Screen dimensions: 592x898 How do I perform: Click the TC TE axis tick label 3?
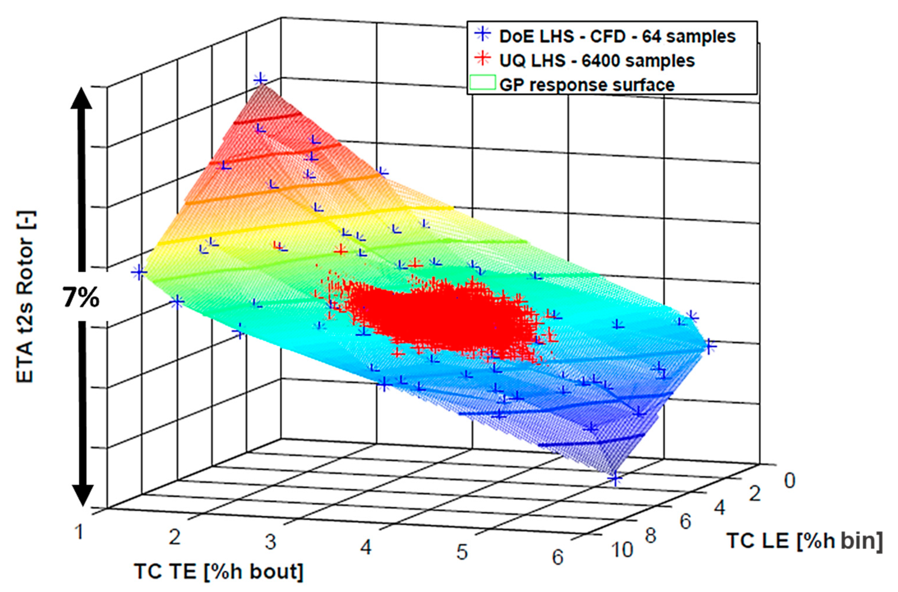point(271,542)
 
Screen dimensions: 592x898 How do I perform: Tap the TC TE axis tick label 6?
point(558,557)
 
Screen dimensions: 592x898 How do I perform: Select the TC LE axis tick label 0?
point(789,481)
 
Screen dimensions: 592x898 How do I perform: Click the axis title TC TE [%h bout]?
point(219,571)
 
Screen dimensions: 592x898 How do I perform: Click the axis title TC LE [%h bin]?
point(804,540)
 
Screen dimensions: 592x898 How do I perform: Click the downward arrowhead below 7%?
point(82,495)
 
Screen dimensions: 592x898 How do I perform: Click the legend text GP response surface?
point(587,85)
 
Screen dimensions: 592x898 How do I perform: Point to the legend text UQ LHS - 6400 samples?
point(597,61)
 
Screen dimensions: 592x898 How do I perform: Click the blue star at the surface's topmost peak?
point(260,80)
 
